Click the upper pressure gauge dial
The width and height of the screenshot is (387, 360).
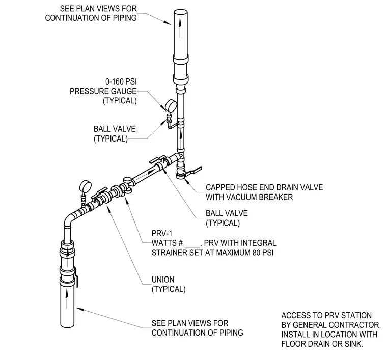click(171, 106)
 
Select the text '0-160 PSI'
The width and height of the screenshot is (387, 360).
click(121, 81)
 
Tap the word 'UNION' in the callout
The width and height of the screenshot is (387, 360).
click(163, 280)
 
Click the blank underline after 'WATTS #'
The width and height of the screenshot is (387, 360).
click(192, 246)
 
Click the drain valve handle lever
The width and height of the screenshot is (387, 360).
click(193, 171)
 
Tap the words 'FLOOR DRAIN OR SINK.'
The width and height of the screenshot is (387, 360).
click(322, 344)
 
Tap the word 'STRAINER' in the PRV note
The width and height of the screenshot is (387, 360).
click(167, 253)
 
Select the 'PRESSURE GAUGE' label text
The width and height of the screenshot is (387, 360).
click(103, 91)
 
